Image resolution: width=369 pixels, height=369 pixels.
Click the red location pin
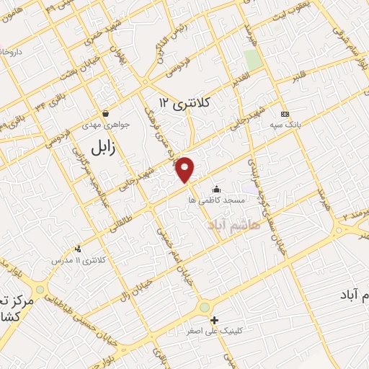pos(185,169)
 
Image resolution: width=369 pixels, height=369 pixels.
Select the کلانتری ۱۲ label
pos(184,103)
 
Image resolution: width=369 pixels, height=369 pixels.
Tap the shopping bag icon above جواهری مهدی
pos(106,113)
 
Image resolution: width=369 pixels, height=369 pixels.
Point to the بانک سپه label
pos(288,125)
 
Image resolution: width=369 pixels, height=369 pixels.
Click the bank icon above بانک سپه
pos(285,114)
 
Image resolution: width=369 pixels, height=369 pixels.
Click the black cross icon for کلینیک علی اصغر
pos(214,319)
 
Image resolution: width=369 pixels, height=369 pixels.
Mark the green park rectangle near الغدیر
pos(252,59)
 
